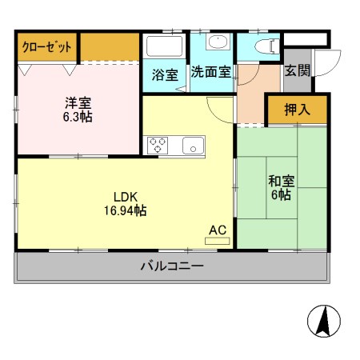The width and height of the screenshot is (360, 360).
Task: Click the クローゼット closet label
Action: click(x=47, y=47)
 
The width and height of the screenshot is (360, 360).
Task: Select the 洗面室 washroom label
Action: click(x=210, y=71)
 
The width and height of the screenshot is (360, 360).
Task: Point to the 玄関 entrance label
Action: click(x=297, y=70)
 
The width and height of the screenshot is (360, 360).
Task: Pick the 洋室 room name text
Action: click(x=78, y=102)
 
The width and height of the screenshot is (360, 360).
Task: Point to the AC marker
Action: click(x=218, y=230)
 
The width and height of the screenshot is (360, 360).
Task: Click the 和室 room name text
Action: click(x=280, y=181)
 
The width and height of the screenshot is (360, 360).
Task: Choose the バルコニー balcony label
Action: click(x=172, y=266)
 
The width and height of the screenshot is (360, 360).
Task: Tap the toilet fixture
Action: click(x=263, y=45)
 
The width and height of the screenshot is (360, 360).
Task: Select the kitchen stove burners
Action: click(x=158, y=146)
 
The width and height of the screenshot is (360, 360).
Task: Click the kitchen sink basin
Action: click(x=193, y=146)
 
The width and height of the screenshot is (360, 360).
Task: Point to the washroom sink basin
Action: click(x=217, y=43)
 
